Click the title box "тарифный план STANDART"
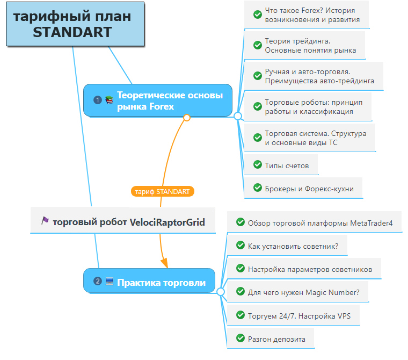[75, 24]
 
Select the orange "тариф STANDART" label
[163, 191]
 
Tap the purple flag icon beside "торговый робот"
[45, 220]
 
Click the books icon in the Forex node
[110, 100]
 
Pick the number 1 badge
[98, 100]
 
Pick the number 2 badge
[98, 281]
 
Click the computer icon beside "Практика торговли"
[110, 282]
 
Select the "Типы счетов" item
[281, 164]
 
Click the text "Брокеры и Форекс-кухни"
[309, 189]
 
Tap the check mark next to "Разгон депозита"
[241, 338]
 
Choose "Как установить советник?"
[287, 246]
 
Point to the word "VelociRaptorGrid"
[167, 222]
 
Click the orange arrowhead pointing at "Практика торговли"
[164, 263]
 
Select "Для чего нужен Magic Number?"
[298, 292]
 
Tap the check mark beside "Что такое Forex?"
[258, 15]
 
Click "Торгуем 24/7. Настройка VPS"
[293, 315]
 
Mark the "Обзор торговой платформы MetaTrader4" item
[315, 222]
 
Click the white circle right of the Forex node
[238, 116]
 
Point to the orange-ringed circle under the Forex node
[187, 118]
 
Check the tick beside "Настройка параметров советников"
[241, 268]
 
